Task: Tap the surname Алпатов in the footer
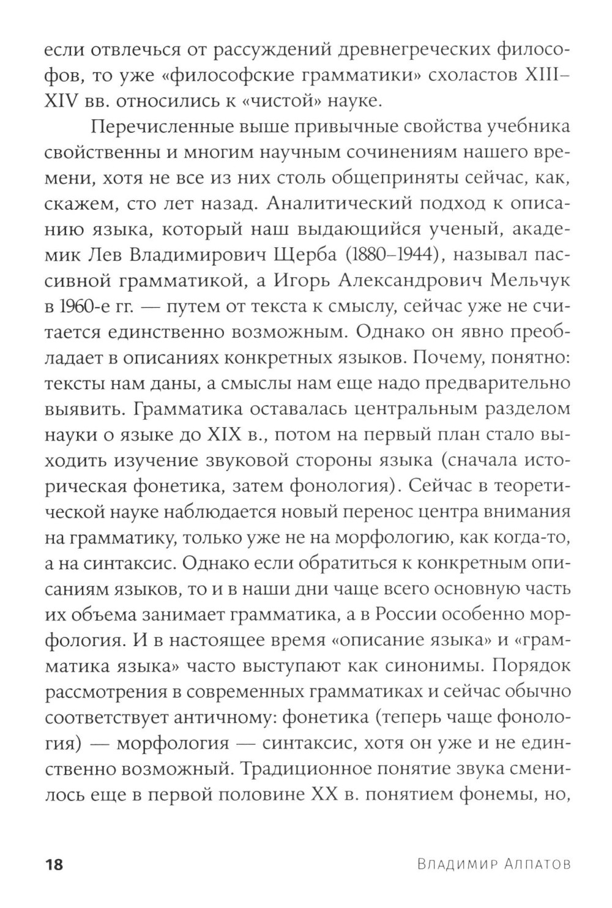pos(538,865)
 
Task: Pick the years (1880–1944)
pos(411,255)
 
